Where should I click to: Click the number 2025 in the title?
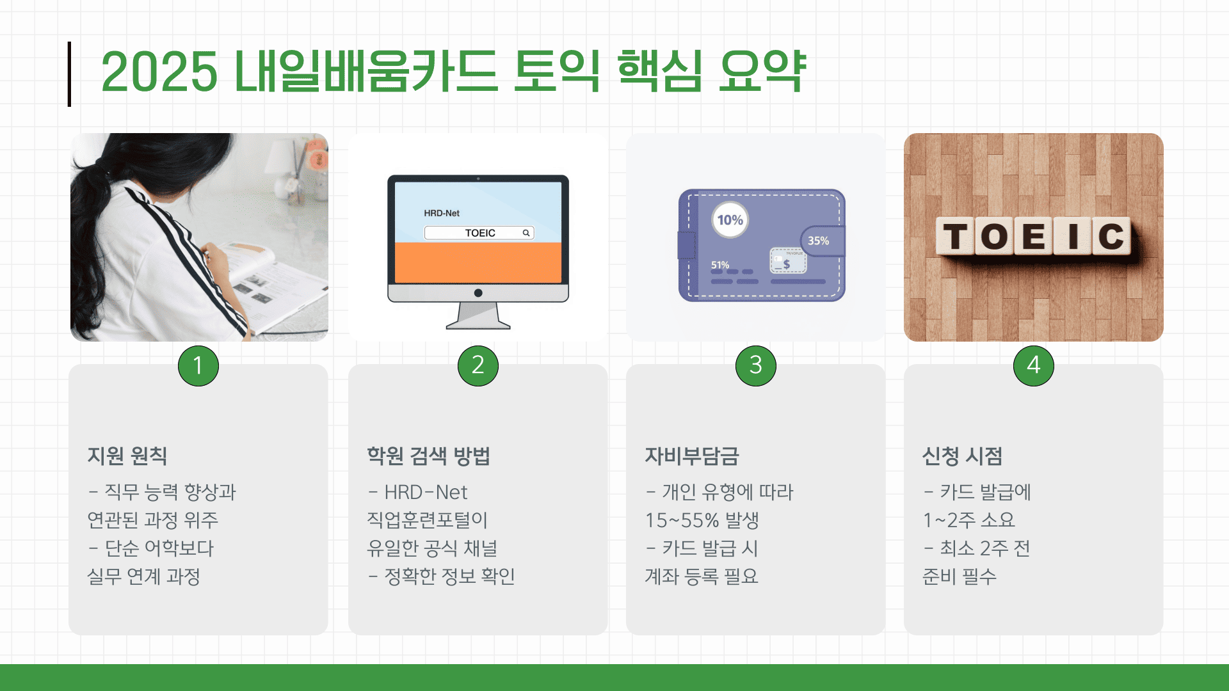tap(159, 71)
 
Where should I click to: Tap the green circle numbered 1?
tap(198, 366)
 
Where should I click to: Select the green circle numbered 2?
tap(478, 366)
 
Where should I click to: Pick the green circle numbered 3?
tap(756, 366)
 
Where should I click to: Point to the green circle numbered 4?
tap(1034, 366)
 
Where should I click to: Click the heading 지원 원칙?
tap(127, 456)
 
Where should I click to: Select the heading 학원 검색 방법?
tap(428, 456)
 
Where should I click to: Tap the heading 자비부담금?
tap(692, 456)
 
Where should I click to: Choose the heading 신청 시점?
tap(962, 456)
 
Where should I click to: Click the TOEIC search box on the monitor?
tap(479, 233)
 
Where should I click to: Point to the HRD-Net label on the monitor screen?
tap(442, 213)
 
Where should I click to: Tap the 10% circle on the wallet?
tap(730, 220)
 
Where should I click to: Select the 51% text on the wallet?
tap(720, 265)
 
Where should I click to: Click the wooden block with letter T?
tap(956, 236)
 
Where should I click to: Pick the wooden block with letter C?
tap(1111, 236)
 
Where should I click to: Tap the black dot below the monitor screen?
tap(478, 293)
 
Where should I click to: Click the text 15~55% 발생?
tap(702, 520)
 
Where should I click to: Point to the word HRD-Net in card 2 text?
tap(426, 492)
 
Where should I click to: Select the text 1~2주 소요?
tap(969, 520)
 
